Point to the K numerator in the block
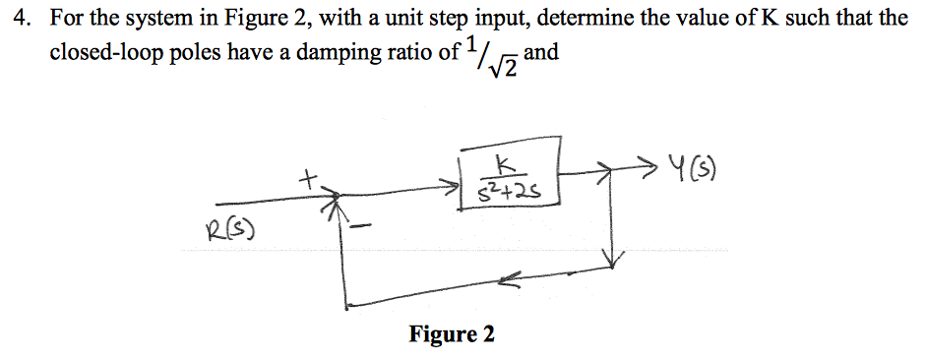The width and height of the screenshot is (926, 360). pyautogui.click(x=504, y=162)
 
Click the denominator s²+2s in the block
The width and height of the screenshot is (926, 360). pyautogui.click(x=509, y=191)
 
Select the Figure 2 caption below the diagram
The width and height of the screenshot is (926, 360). pyautogui.click(x=452, y=334)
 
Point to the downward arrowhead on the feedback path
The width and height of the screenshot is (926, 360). pyautogui.click(x=614, y=261)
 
